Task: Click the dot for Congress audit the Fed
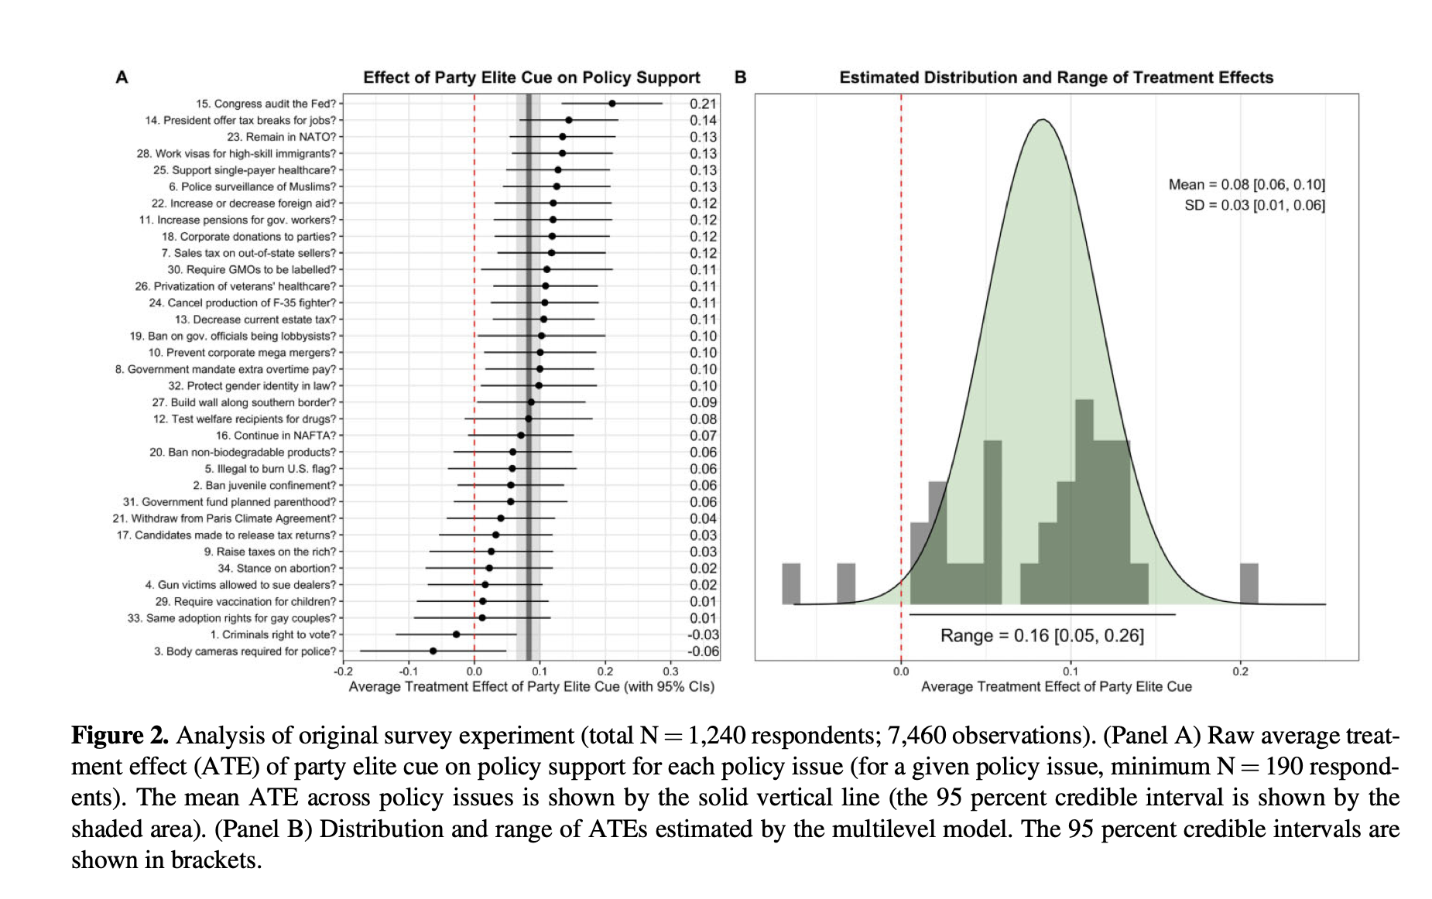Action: (612, 103)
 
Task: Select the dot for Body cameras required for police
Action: (433, 651)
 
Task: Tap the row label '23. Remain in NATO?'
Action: (282, 137)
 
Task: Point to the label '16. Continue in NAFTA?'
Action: (276, 436)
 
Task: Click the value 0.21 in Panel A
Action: (704, 104)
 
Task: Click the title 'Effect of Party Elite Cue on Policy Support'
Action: (532, 77)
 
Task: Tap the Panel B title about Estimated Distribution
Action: (1056, 77)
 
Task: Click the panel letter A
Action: (122, 77)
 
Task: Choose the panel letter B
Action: (740, 77)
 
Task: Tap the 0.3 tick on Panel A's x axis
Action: (670, 672)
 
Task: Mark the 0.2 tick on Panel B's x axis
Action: (1240, 672)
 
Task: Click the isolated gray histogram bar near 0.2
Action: (1249, 584)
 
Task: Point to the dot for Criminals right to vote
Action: (456, 634)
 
